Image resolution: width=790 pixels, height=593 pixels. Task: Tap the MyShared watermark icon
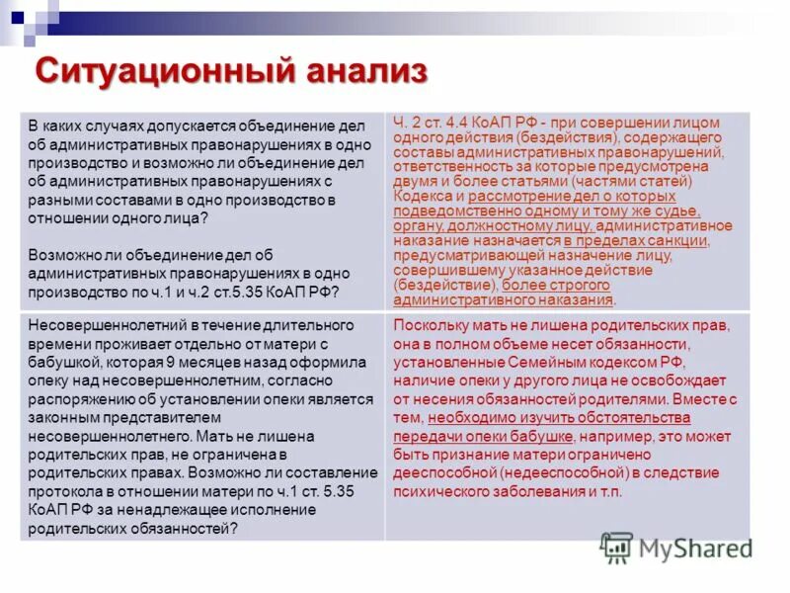616,547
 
